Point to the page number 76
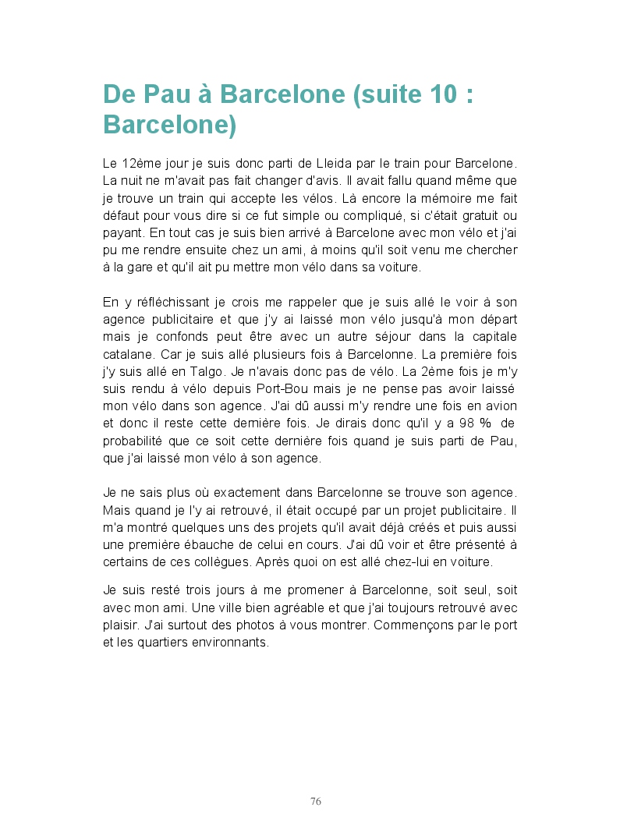pos(316,801)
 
